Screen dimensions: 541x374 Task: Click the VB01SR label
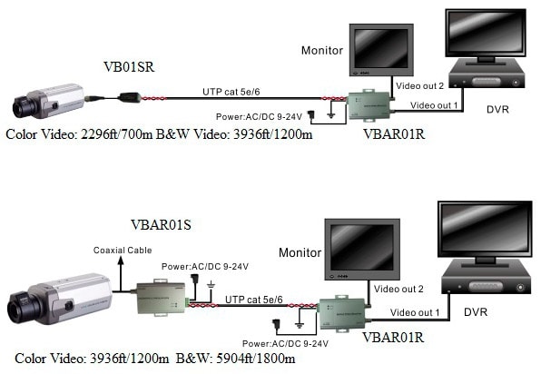click(129, 67)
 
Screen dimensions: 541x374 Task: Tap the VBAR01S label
click(161, 225)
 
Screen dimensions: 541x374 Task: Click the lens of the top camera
click(22, 106)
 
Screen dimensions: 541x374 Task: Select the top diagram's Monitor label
click(322, 50)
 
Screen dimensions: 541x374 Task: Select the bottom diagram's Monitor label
click(300, 252)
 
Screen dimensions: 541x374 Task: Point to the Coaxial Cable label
click(123, 251)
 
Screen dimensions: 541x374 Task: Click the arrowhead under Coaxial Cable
click(121, 261)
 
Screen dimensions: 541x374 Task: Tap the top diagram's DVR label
click(497, 109)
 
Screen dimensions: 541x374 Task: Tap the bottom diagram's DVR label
click(476, 312)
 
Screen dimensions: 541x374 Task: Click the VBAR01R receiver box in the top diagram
click(369, 104)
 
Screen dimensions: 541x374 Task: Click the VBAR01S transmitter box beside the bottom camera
click(161, 298)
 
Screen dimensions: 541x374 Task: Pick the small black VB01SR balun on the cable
click(130, 98)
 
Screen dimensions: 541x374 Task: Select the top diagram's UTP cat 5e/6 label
click(231, 92)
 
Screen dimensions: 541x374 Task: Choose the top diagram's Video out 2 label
click(419, 85)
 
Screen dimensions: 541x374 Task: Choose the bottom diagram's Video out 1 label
click(415, 312)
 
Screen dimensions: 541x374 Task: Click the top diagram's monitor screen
click(381, 48)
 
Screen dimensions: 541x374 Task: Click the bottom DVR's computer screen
click(485, 228)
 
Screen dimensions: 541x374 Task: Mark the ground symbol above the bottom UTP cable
click(211, 285)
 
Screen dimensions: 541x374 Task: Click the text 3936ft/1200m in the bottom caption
click(130, 359)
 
